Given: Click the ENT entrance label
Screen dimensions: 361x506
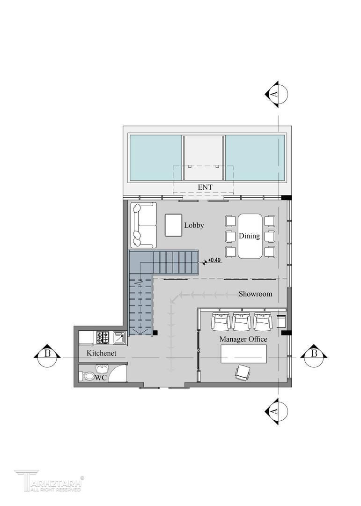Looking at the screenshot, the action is tap(205, 187).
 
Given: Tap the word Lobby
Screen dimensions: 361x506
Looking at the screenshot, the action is tap(194, 225).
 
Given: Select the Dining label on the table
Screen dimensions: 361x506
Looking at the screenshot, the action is tap(250, 236).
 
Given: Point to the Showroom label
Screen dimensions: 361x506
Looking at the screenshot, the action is tap(255, 294).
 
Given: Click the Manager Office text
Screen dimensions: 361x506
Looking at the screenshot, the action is tap(243, 339).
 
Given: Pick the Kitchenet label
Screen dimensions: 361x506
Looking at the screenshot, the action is tap(101, 353).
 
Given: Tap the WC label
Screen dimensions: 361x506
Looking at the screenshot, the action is tap(101, 378).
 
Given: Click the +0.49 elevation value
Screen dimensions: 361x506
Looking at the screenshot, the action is tap(214, 260).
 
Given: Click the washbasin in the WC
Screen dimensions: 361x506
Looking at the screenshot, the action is tap(103, 369).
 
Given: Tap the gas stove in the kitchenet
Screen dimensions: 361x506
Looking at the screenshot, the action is tap(103, 337).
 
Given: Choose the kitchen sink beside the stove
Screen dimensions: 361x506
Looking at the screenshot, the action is tap(120, 337).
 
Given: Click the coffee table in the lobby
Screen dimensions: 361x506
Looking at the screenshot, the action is tap(173, 225).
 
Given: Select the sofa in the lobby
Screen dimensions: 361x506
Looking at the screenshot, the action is tap(144, 225).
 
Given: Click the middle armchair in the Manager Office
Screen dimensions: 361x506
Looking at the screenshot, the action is tap(242, 321).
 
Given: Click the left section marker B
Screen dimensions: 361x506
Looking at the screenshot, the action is tap(47, 354).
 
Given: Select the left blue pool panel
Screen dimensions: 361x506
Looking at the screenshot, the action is tap(155, 158).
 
